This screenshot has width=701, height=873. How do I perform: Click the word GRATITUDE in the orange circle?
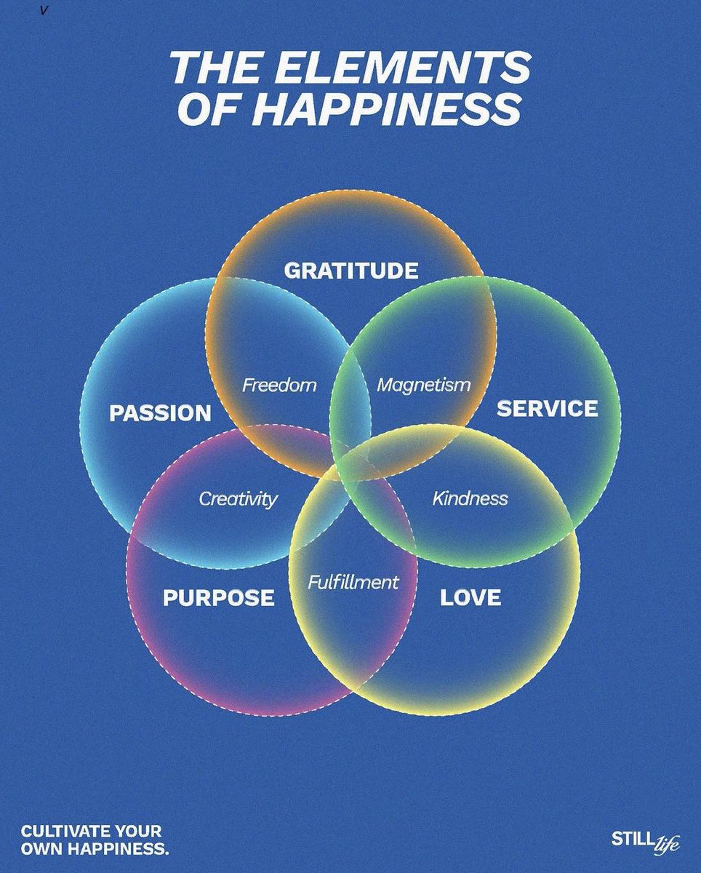tap(350, 271)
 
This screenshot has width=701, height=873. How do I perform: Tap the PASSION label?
tap(160, 414)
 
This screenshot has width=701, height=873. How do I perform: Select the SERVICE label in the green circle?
tap(547, 409)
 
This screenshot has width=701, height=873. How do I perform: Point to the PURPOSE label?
tap(218, 598)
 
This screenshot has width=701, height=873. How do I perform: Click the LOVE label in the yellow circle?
tap(470, 598)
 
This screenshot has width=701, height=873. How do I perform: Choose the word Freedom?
tap(279, 384)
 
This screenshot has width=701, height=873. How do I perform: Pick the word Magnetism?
tap(423, 384)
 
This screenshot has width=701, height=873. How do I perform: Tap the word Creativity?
tap(238, 499)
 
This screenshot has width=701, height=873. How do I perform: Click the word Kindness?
tap(470, 499)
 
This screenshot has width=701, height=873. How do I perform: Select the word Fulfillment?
tap(353, 582)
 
